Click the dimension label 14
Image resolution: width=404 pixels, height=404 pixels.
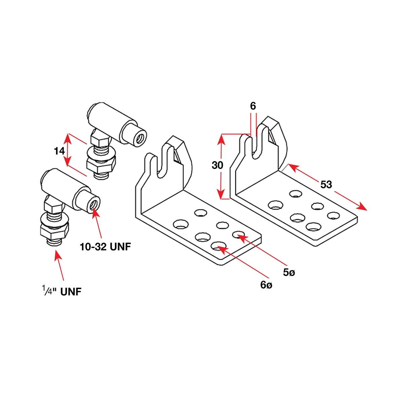click(x=59, y=151)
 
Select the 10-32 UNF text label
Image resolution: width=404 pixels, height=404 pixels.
click(x=105, y=247)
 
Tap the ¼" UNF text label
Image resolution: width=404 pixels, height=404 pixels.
click(x=62, y=291)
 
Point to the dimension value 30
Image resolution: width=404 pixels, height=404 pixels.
click(x=217, y=165)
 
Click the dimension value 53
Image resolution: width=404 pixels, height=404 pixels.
click(x=326, y=184)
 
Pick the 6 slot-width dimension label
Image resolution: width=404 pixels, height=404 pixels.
click(x=253, y=106)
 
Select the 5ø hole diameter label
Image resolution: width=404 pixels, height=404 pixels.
click(x=289, y=272)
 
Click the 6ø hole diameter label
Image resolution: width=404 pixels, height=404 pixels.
click(x=266, y=285)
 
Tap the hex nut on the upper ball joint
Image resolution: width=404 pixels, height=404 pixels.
click(x=101, y=164)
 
